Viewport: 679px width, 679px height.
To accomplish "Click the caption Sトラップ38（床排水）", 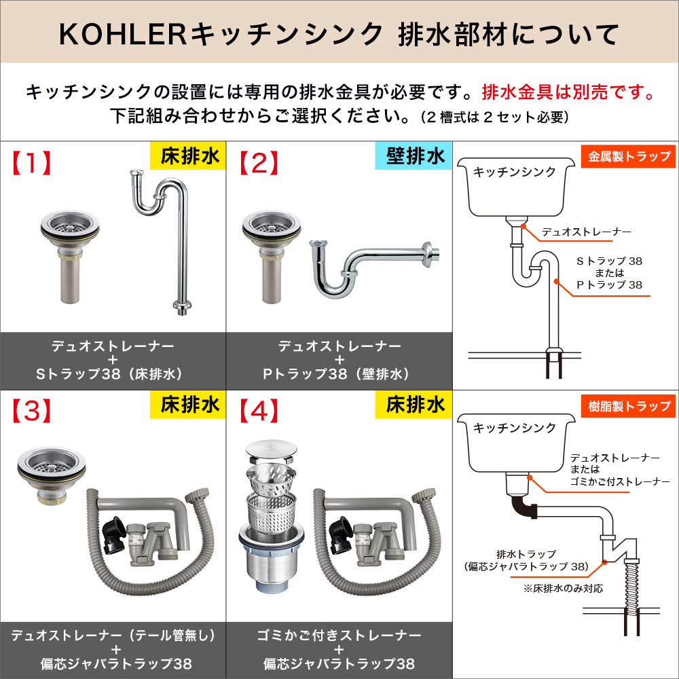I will (112, 374).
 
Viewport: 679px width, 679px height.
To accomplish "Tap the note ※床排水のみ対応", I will (563, 588).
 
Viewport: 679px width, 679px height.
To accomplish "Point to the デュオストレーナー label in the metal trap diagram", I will (586, 232).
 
